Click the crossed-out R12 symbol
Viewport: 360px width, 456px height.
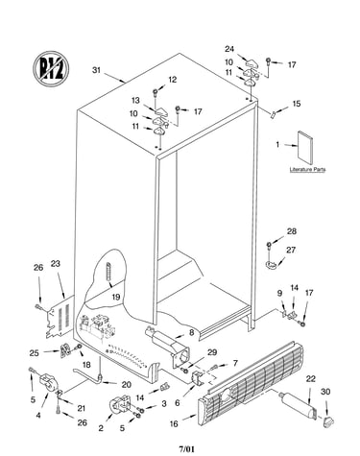51,68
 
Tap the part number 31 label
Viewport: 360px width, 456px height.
96,70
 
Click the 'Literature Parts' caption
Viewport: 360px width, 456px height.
307,169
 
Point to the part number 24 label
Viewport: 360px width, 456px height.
229,49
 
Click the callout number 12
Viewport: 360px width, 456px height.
173,80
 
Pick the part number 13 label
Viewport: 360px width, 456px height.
135,101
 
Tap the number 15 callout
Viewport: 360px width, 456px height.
297,104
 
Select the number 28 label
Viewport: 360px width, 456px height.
292,231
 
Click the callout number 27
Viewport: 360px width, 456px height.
291,250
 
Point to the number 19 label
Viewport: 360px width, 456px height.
116,297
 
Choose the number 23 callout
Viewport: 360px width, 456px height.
56,264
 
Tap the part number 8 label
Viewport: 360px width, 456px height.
191,332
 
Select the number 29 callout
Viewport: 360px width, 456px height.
212,352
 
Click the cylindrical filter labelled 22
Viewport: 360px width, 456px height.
298,405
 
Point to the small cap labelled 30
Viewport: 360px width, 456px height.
327,421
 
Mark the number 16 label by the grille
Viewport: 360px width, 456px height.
174,424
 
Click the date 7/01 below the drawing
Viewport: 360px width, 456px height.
186,449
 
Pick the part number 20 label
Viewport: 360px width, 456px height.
127,384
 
